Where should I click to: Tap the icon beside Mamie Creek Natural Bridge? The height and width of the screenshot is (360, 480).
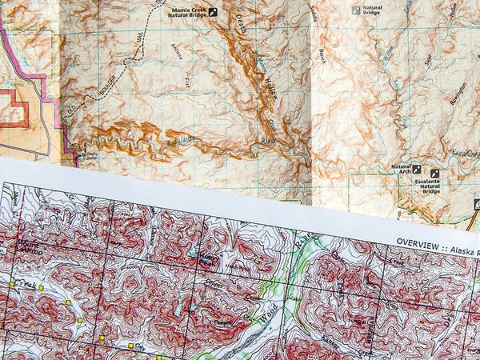pyautogui.click(x=213, y=12)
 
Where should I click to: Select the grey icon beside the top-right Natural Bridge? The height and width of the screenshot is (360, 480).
pyautogui.click(x=357, y=11)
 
